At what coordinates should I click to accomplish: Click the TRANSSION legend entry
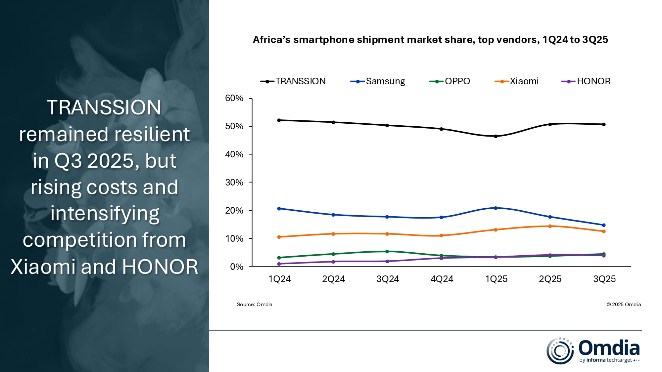(293, 81)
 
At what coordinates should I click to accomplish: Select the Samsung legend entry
(378, 81)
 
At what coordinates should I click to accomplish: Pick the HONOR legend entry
(586, 81)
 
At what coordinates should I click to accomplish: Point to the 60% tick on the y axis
(234, 98)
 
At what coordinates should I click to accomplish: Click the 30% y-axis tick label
(234, 183)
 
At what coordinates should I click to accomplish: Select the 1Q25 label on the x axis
(496, 279)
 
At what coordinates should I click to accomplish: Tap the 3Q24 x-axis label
(388, 279)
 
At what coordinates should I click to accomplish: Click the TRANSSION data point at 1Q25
(496, 136)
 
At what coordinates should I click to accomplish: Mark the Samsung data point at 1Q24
(279, 209)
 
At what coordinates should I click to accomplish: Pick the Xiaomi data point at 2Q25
(550, 226)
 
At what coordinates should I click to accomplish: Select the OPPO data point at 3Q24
(387, 252)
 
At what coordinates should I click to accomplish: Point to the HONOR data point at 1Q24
(279, 264)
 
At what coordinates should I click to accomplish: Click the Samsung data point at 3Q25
(604, 225)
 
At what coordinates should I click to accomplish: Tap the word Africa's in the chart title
(271, 40)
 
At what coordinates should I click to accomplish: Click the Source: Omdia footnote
(254, 305)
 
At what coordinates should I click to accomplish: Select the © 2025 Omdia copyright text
(624, 305)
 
